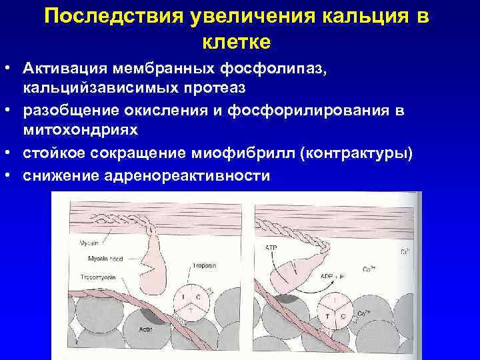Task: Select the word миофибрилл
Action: [249, 154]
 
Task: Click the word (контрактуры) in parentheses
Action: [357, 154]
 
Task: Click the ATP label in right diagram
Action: [271, 248]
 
